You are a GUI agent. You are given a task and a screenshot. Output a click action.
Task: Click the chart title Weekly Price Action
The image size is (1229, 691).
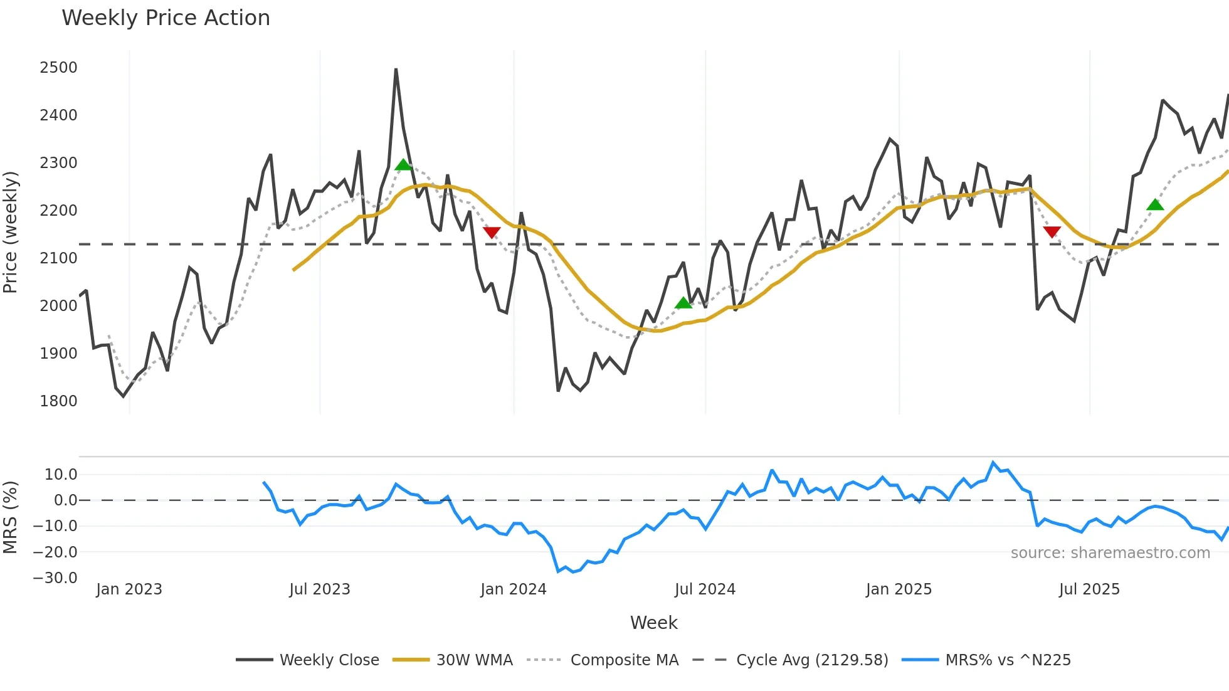point(166,18)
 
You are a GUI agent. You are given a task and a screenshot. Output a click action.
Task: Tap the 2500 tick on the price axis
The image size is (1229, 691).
point(58,68)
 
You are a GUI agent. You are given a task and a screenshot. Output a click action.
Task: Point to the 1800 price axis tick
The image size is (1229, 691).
point(58,401)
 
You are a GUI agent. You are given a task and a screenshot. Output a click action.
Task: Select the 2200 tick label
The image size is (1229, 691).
point(58,211)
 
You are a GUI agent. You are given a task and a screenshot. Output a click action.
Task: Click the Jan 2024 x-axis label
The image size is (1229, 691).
point(513,589)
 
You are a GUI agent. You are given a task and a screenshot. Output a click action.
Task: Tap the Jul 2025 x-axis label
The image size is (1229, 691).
point(1089,589)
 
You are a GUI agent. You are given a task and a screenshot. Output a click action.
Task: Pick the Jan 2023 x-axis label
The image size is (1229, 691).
point(129,589)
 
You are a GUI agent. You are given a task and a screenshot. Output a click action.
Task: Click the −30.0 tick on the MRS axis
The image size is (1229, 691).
point(55,578)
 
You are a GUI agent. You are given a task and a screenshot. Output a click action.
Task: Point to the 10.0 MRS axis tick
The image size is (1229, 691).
point(61,475)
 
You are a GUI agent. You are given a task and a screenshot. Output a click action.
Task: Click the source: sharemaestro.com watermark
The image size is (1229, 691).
point(1110,553)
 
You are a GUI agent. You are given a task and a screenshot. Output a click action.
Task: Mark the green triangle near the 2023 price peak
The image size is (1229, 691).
point(403,165)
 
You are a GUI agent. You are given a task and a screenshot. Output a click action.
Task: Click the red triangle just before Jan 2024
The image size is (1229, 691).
point(492,233)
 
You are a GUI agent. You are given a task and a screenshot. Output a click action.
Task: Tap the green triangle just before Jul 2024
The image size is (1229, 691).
point(683,303)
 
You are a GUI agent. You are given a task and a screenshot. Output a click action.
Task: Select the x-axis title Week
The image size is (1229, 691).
point(653,623)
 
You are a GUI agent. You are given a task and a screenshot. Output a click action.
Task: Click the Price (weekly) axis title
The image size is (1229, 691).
point(11,232)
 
